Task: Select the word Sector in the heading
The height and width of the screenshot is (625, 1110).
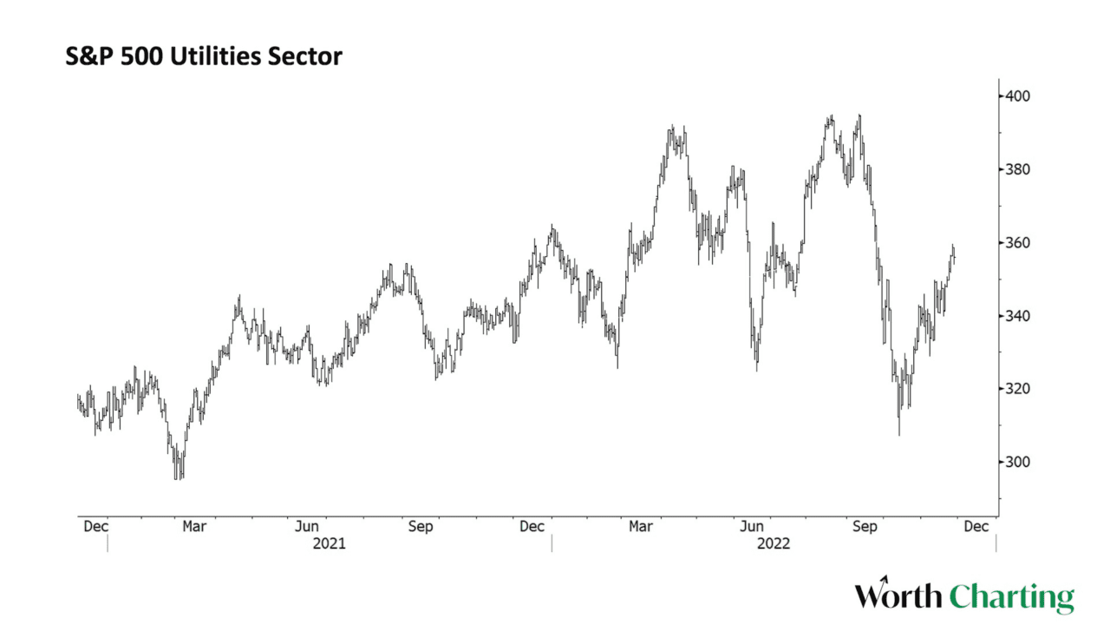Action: point(310,57)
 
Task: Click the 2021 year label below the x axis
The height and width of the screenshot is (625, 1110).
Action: point(330,544)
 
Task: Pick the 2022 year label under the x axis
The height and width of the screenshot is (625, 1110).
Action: point(774,544)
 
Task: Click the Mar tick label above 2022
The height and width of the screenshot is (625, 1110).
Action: point(641,526)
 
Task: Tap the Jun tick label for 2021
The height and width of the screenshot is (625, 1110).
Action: point(307,526)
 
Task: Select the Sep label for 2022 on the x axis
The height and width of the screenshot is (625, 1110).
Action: point(864,526)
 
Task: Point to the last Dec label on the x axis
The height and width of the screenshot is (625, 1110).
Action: point(976,526)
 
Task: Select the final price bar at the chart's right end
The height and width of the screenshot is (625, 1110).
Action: point(954,253)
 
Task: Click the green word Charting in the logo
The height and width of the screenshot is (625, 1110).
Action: point(1011,597)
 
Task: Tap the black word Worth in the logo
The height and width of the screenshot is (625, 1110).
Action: point(898,596)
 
